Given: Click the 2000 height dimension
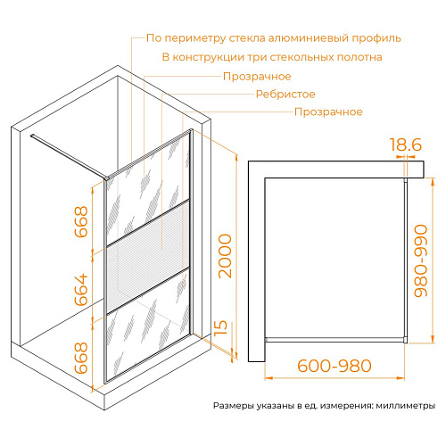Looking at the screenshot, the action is click(225, 256).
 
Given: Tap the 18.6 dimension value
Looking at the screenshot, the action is click(405, 145).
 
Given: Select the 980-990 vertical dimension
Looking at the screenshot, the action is click(421, 260).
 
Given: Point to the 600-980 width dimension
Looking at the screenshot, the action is click(334, 366).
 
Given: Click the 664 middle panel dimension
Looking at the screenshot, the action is click(81, 290).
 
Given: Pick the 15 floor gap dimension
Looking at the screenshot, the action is click(220, 327).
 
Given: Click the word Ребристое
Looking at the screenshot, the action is click(285, 95).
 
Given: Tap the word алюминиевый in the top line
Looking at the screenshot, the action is click(309, 38).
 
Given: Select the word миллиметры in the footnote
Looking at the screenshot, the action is click(406, 406).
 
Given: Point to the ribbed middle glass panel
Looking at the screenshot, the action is click(148, 257).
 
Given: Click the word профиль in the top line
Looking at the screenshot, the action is click(376, 38).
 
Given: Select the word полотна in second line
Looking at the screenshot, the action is click(359, 57).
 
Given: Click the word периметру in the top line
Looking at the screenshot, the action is click(194, 38).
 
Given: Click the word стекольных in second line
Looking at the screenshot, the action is click(301, 57).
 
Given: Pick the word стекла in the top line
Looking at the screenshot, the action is click(247, 38).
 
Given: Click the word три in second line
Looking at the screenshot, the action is click(257, 57).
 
